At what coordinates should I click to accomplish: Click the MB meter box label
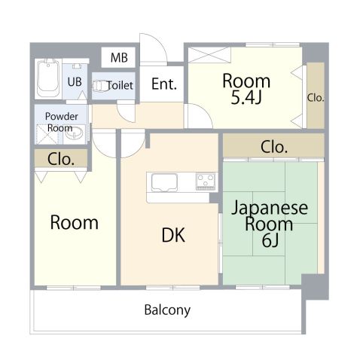(x=119, y=57)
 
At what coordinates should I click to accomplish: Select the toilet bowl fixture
(x=100, y=86)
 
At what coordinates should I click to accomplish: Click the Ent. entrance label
(x=164, y=84)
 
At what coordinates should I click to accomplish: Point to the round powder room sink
(x=74, y=133)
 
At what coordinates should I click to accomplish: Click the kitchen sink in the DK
(x=164, y=182)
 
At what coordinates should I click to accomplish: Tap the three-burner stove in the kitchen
(x=206, y=182)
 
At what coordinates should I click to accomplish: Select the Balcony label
(x=167, y=310)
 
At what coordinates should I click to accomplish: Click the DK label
(x=173, y=235)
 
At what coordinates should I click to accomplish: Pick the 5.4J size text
(x=246, y=97)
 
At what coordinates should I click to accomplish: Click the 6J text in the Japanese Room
(x=270, y=240)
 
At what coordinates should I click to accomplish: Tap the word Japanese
(x=270, y=208)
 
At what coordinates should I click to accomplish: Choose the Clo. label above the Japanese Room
(x=274, y=147)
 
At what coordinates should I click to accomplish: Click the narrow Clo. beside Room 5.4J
(x=316, y=98)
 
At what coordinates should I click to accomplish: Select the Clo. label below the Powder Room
(x=61, y=159)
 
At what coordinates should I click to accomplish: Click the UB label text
(x=75, y=82)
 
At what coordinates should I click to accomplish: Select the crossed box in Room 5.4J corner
(x=209, y=55)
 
